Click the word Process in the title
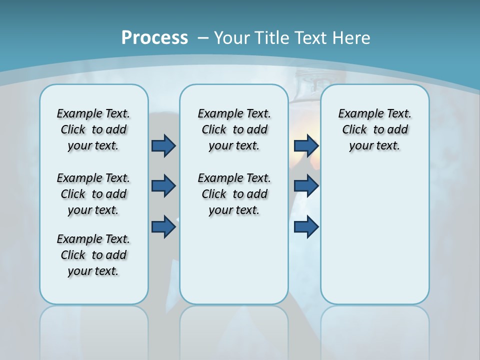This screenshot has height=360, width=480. (154, 38)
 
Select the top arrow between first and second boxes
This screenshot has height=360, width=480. (163, 145)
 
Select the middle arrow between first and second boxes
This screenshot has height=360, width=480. (163, 186)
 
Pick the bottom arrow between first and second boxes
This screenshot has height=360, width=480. (163, 227)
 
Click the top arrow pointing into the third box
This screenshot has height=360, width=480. (306, 145)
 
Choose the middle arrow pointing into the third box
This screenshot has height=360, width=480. (306, 186)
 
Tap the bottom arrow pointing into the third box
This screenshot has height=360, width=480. (306, 227)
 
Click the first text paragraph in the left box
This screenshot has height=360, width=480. (93, 129)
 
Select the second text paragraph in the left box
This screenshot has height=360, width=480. (93, 194)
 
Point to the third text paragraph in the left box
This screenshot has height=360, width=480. (93, 255)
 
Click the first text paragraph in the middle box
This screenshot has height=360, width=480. (234, 129)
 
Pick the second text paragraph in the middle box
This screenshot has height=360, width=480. (234, 194)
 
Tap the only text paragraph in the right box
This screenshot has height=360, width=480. (374, 129)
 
